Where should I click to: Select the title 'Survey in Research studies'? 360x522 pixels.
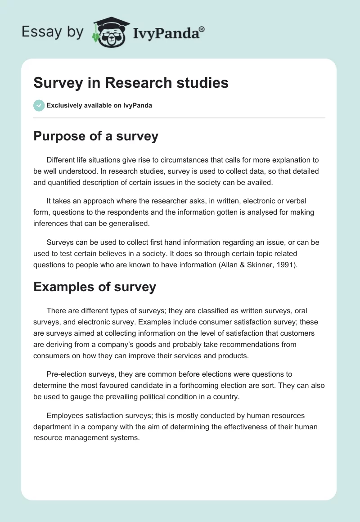tap(131, 83)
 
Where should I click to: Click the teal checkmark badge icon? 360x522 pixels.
tap(39, 105)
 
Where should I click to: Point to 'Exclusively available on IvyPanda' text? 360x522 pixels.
tap(99, 105)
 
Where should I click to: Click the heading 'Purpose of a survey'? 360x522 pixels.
tap(96, 136)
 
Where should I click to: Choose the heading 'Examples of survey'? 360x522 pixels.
tap(94, 287)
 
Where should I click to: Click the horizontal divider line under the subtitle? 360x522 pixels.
tap(179, 118)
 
